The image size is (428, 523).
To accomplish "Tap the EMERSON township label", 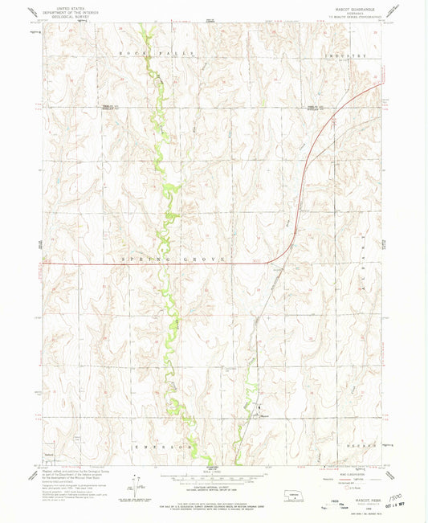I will click(164, 444).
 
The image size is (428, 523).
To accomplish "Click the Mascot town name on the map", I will click(264, 415).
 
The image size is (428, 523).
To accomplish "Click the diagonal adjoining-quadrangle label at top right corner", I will click(393, 9).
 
